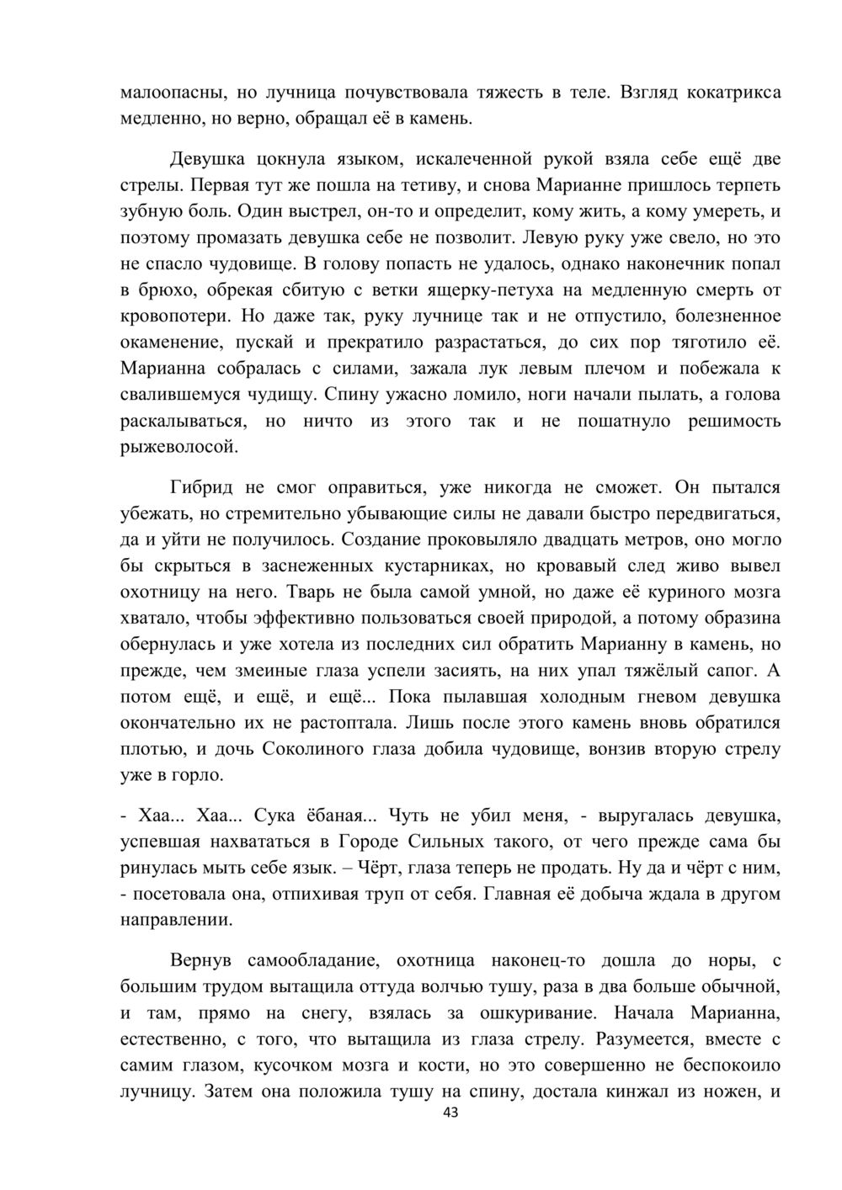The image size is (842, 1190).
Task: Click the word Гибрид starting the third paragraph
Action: [201, 487]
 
